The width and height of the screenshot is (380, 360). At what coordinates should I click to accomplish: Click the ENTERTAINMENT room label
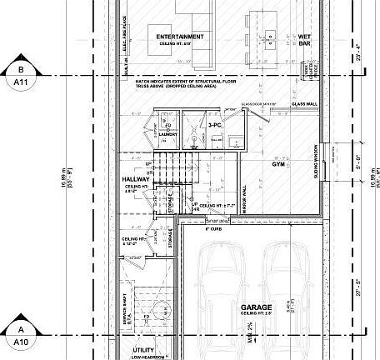click(x=176, y=37)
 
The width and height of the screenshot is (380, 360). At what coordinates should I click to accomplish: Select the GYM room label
click(x=278, y=165)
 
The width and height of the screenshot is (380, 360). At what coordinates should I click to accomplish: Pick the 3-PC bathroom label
click(x=214, y=125)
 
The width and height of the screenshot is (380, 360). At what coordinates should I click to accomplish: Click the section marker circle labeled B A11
click(x=17, y=76)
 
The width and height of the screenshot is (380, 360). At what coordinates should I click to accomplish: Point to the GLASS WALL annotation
click(x=303, y=104)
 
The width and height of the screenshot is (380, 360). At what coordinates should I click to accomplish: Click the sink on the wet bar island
click(x=272, y=36)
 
